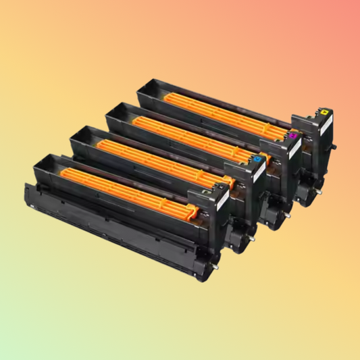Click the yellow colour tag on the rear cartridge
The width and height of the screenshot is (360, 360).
[326, 111]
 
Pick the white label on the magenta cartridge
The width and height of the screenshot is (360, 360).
[294, 149]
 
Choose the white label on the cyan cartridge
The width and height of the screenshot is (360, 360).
[259, 174]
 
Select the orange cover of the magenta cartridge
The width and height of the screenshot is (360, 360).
[196, 132]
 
